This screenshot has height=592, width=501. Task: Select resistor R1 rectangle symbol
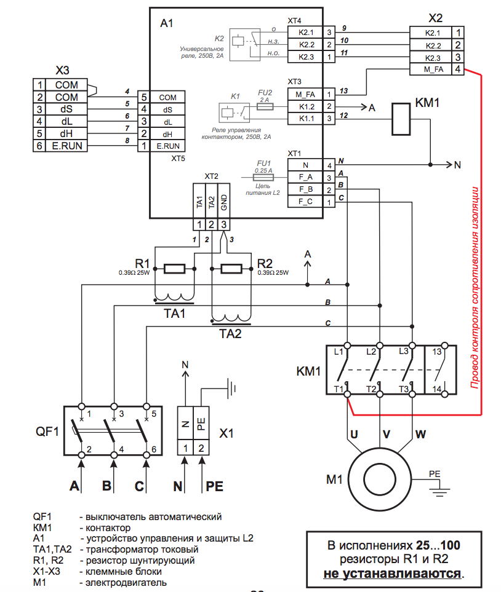pyautogui.click(x=175, y=269)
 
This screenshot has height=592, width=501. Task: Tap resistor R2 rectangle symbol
pyautogui.click(x=231, y=269)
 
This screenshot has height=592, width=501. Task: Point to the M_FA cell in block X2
pyautogui.click(x=434, y=70)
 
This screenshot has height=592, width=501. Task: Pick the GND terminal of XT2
pyautogui.click(x=225, y=200)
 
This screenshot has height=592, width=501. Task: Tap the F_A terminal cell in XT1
pyautogui.click(x=306, y=177)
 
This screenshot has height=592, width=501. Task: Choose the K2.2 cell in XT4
pyautogui.click(x=306, y=44)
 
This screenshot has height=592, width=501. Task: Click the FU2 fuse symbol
pyautogui.click(x=264, y=106)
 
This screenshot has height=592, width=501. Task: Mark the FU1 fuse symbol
pyautogui.click(x=263, y=176)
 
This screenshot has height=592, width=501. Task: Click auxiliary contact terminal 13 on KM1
pyautogui.click(x=437, y=352)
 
